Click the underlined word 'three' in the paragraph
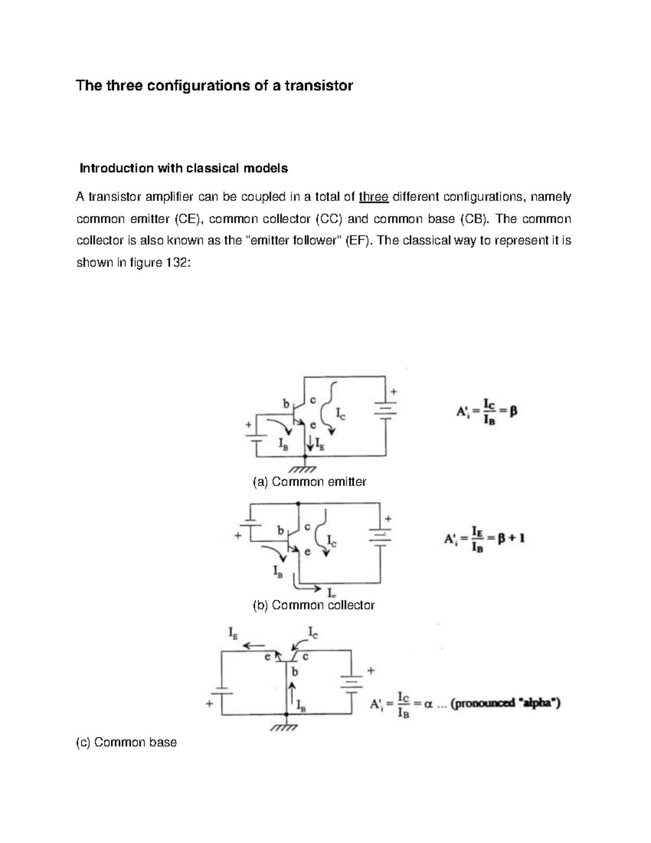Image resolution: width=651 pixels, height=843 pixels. pyautogui.click(x=374, y=197)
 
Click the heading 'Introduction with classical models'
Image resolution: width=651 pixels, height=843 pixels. pyautogui.click(x=183, y=168)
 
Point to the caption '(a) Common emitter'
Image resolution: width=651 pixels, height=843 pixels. pyautogui.click(x=309, y=481)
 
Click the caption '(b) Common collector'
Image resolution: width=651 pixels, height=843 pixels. pyautogui.click(x=314, y=605)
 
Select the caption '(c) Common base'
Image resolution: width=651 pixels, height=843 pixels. pyautogui.click(x=126, y=742)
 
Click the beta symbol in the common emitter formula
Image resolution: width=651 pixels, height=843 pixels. pyautogui.click(x=513, y=412)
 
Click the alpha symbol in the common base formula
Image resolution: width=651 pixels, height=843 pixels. pyautogui.click(x=428, y=704)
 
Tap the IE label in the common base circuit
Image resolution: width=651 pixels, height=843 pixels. pyautogui.click(x=232, y=632)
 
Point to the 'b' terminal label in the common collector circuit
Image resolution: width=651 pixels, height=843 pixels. pyautogui.click(x=280, y=530)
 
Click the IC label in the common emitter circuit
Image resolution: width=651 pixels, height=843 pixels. pyautogui.click(x=340, y=415)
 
